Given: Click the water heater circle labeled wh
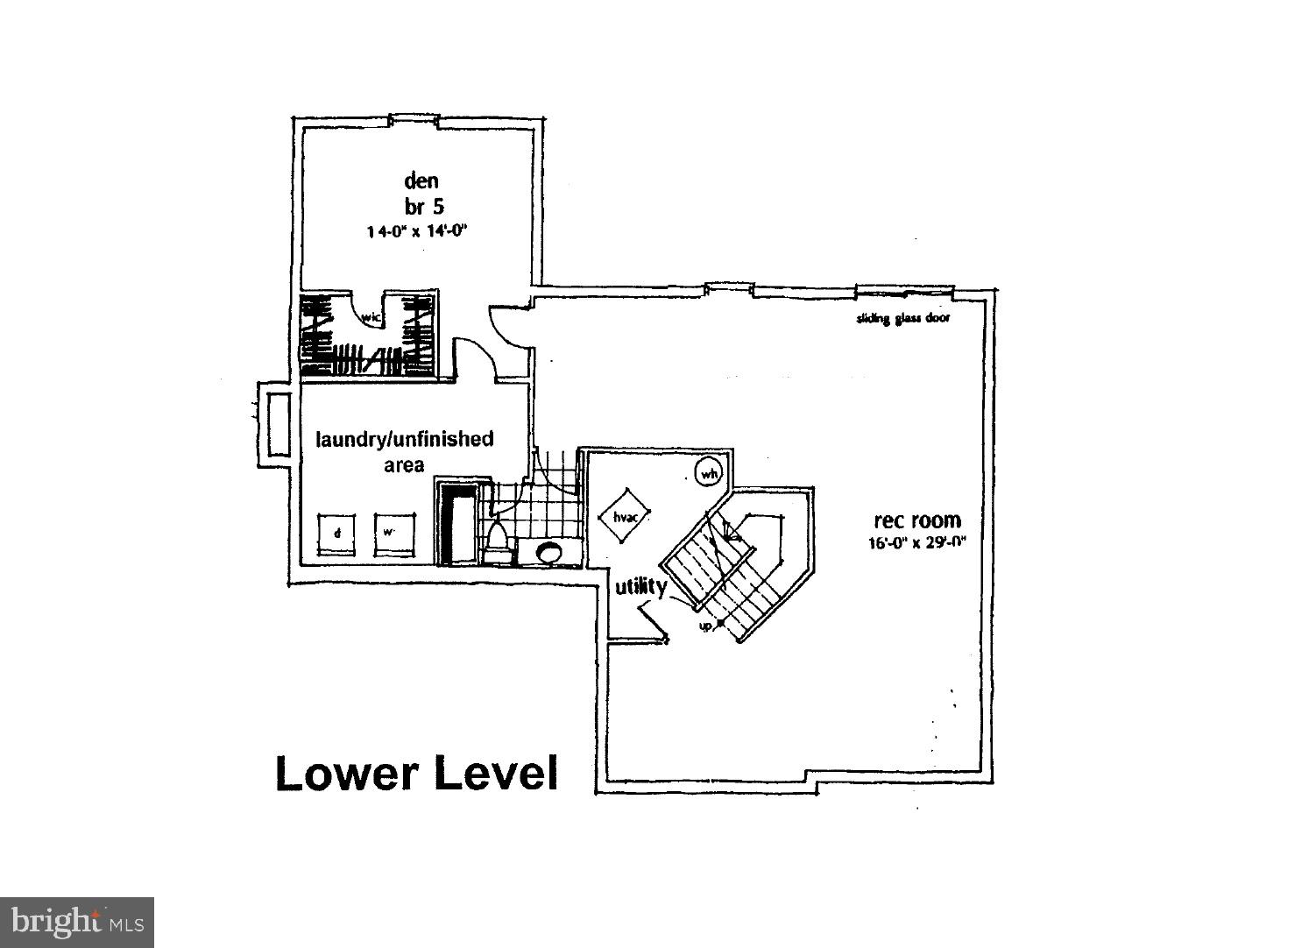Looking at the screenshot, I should (708, 474).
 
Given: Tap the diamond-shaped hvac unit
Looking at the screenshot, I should (624, 517).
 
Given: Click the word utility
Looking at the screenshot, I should (640, 586).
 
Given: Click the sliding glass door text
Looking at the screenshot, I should (902, 318).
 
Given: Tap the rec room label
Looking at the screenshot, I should (916, 521).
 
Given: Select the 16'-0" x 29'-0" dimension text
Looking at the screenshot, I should (916, 542).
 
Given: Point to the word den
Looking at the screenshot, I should (421, 180).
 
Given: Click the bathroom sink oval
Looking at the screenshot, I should (548, 553).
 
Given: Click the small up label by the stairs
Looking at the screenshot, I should (704, 626).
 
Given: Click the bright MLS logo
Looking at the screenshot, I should (77, 923).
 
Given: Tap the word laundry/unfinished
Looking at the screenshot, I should (404, 439).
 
